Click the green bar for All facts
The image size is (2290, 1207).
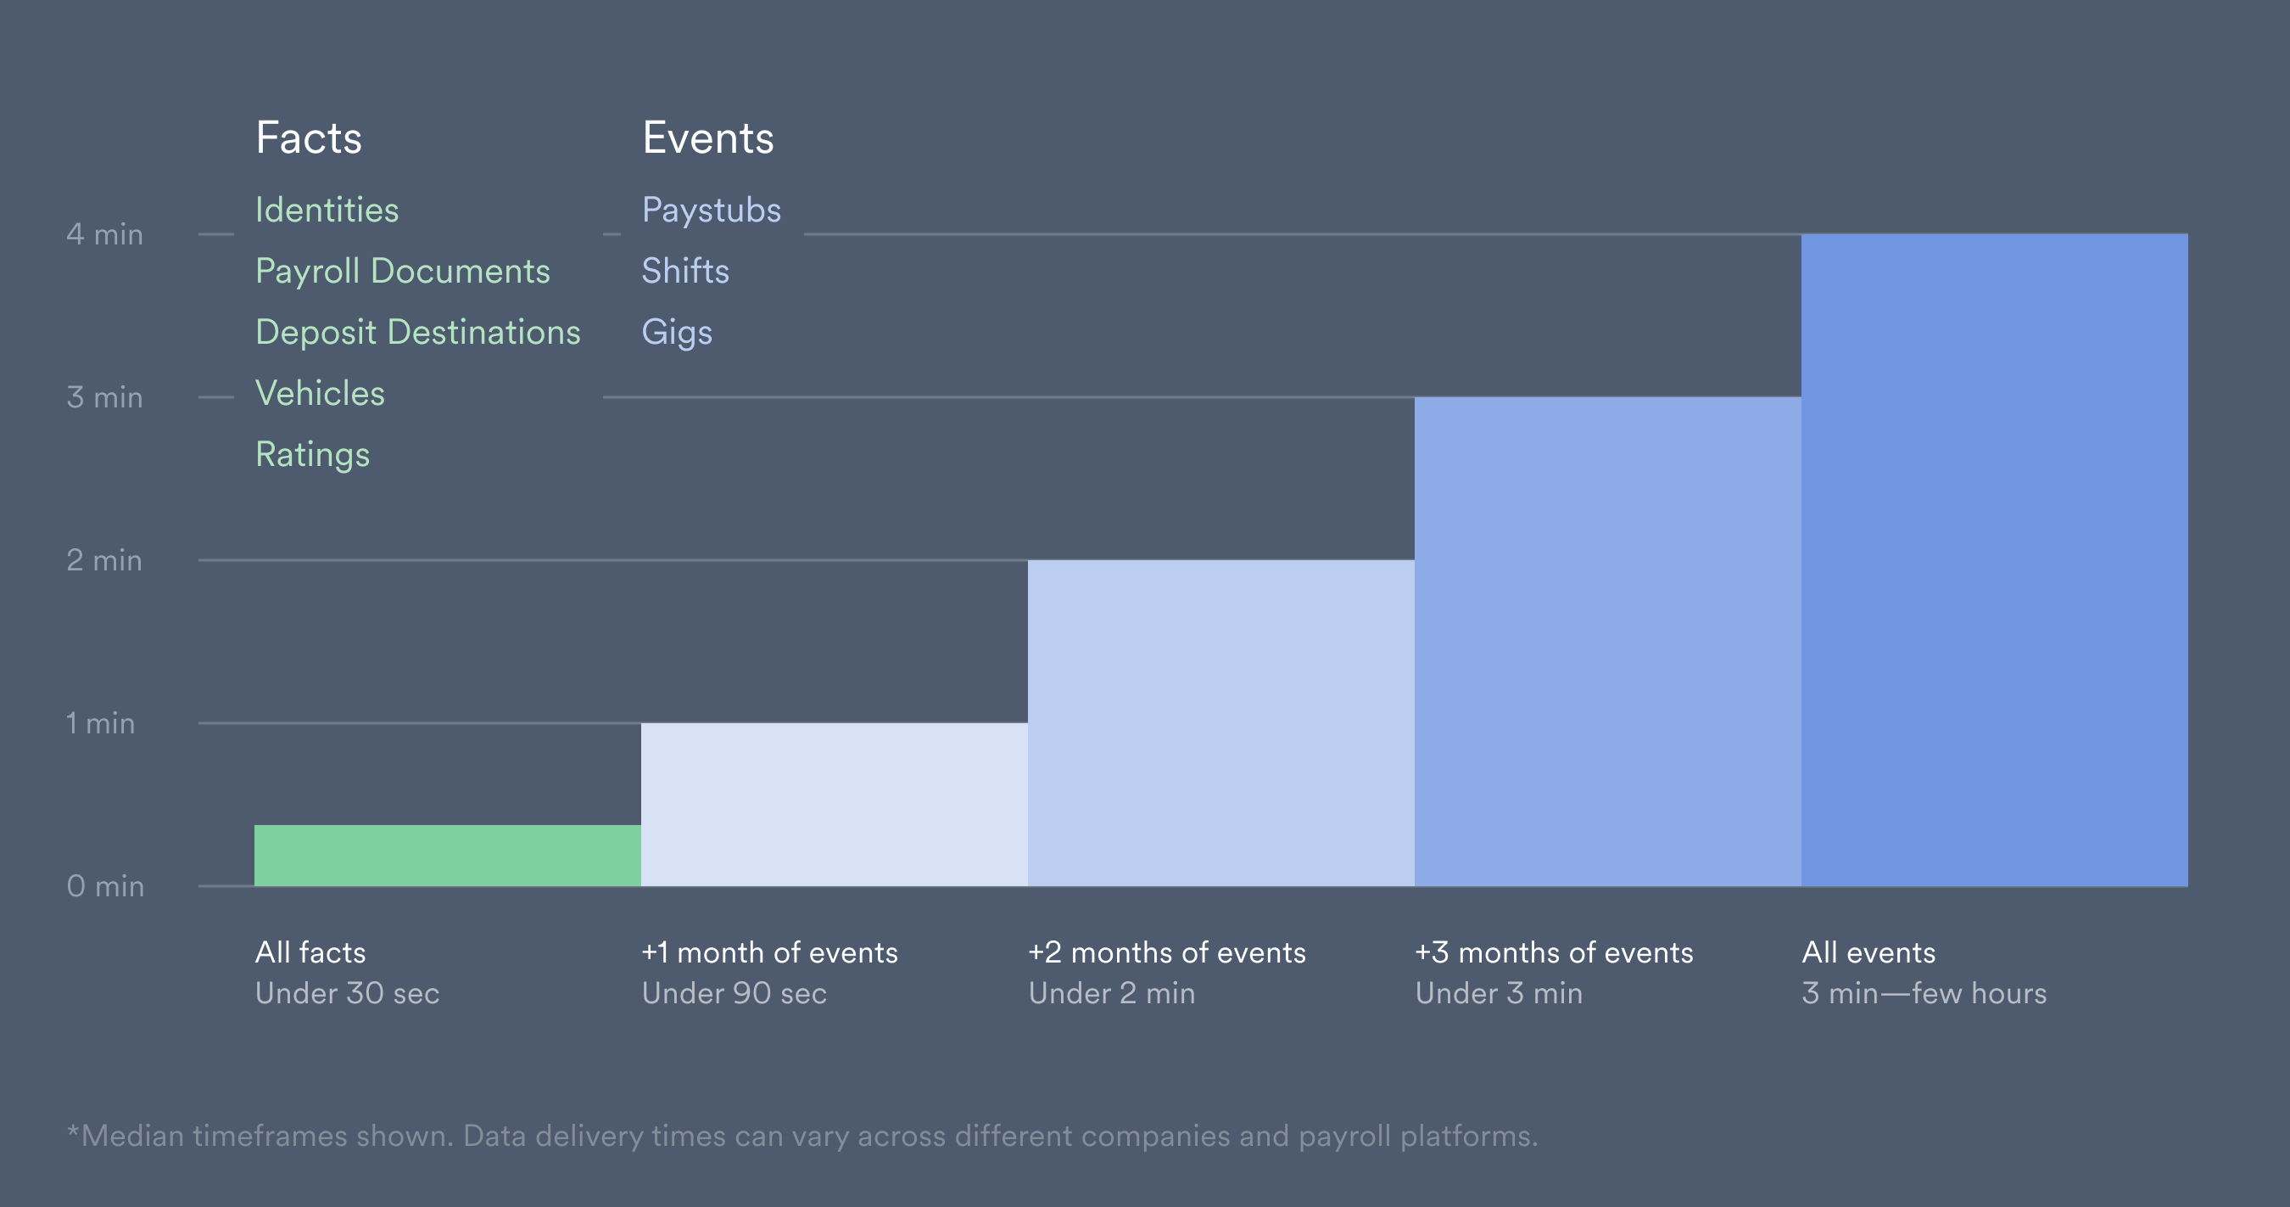pyautogui.click(x=447, y=855)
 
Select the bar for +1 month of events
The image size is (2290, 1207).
pyautogui.click(x=834, y=804)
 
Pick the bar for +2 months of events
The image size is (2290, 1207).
pyautogui.click(x=1220, y=722)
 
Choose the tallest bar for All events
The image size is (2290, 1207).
pyautogui.click(x=1994, y=559)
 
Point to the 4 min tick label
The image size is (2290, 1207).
pyautogui.click(x=105, y=235)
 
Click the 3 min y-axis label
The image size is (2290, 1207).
pyautogui.click(x=105, y=397)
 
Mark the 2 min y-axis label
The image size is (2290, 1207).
pyautogui.click(x=105, y=560)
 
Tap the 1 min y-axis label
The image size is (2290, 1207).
pyautogui.click(x=100, y=723)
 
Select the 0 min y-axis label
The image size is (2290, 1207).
pyautogui.click(x=105, y=886)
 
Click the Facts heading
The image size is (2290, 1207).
pyautogui.click(x=309, y=138)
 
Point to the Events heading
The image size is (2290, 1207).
pyautogui.click(x=707, y=138)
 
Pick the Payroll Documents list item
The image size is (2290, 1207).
pyautogui.click(x=402, y=272)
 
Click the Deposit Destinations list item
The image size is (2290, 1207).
pyautogui.click(x=418, y=333)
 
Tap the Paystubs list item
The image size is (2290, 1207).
pyautogui.click(x=712, y=211)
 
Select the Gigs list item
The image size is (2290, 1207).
pyautogui.click(x=677, y=333)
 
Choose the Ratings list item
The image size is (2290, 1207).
pyautogui.click(x=312, y=454)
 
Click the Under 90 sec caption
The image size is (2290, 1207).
pyautogui.click(x=734, y=994)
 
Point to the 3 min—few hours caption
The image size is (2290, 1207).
pyautogui.click(x=1924, y=994)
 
